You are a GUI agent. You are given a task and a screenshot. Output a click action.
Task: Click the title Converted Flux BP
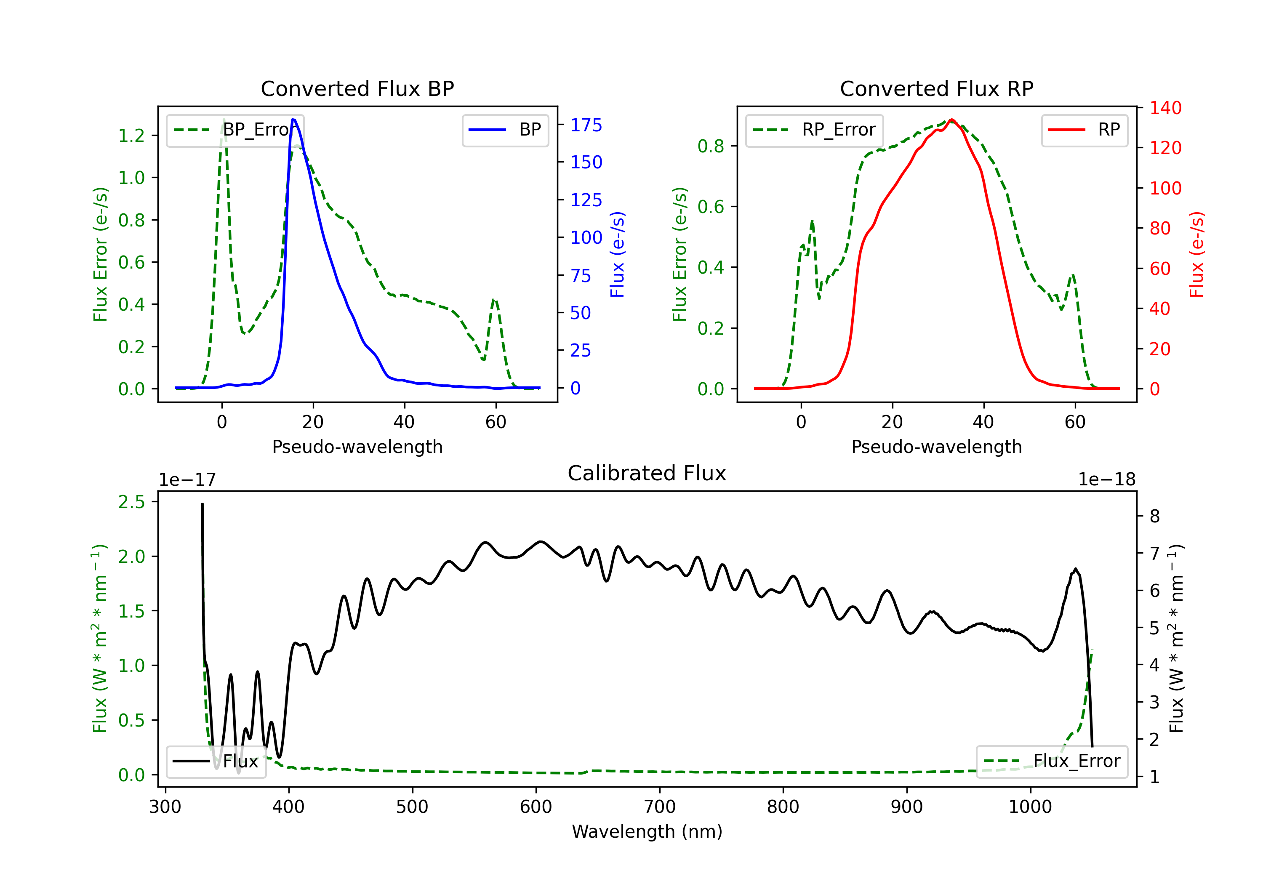[x=357, y=88]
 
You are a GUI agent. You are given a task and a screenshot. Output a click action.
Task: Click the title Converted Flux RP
[x=936, y=88]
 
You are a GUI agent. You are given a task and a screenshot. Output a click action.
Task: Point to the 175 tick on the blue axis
[x=586, y=125]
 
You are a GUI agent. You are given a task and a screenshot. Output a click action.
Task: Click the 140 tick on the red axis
[x=1165, y=108]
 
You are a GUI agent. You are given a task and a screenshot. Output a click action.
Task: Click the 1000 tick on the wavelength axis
[x=1030, y=807]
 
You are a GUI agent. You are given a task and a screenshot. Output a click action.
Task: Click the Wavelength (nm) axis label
[x=647, y=832]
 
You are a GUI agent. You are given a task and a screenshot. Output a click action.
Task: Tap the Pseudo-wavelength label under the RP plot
[x=936, y=447]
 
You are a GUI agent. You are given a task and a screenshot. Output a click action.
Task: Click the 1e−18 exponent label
[x=1106, y=480]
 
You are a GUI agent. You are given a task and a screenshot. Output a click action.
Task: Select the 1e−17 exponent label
[x=188, y=480]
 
